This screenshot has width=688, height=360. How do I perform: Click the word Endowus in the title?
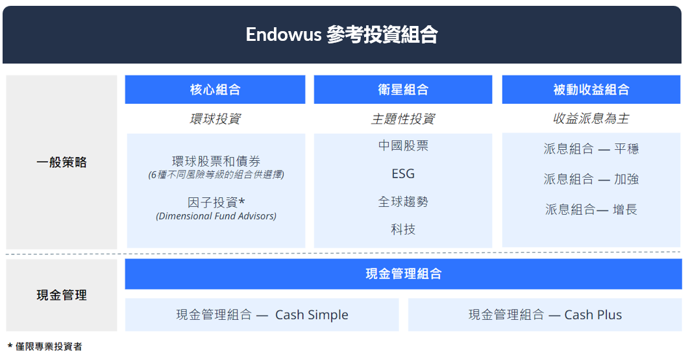tap(284, 34)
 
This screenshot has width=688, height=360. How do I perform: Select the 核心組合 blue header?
tap(215, 90)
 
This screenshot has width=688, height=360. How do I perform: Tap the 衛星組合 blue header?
tap(403, 90)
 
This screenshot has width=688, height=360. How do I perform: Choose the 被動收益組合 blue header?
tap(591, 90)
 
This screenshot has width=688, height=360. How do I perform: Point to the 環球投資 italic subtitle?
tap(215, 119)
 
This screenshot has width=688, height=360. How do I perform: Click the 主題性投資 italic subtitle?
tap(403, 119)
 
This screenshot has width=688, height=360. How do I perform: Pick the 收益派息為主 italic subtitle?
tap(591, 119)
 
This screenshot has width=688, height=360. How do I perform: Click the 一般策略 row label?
tap(62, 162)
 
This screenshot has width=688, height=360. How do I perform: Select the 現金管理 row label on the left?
tap(62, 295)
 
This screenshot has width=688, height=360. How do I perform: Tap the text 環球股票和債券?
tap(216, 161)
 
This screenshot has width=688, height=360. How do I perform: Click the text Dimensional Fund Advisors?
tap(216, 216)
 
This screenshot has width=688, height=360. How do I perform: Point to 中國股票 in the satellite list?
tap(403, 145)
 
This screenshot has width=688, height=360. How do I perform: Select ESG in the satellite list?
tap(403, 174)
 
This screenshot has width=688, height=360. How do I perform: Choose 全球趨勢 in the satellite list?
tap(403, 202)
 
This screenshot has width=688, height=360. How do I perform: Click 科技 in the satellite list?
tap(403, 230)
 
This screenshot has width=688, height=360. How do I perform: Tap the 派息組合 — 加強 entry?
tap(591, 179)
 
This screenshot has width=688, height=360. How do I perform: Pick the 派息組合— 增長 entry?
tap(591, 209)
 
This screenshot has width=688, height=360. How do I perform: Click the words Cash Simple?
tap(312, 315)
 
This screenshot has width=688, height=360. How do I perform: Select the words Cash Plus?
tap(593, 315)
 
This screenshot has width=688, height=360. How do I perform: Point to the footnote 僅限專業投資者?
tap(49, 346)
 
